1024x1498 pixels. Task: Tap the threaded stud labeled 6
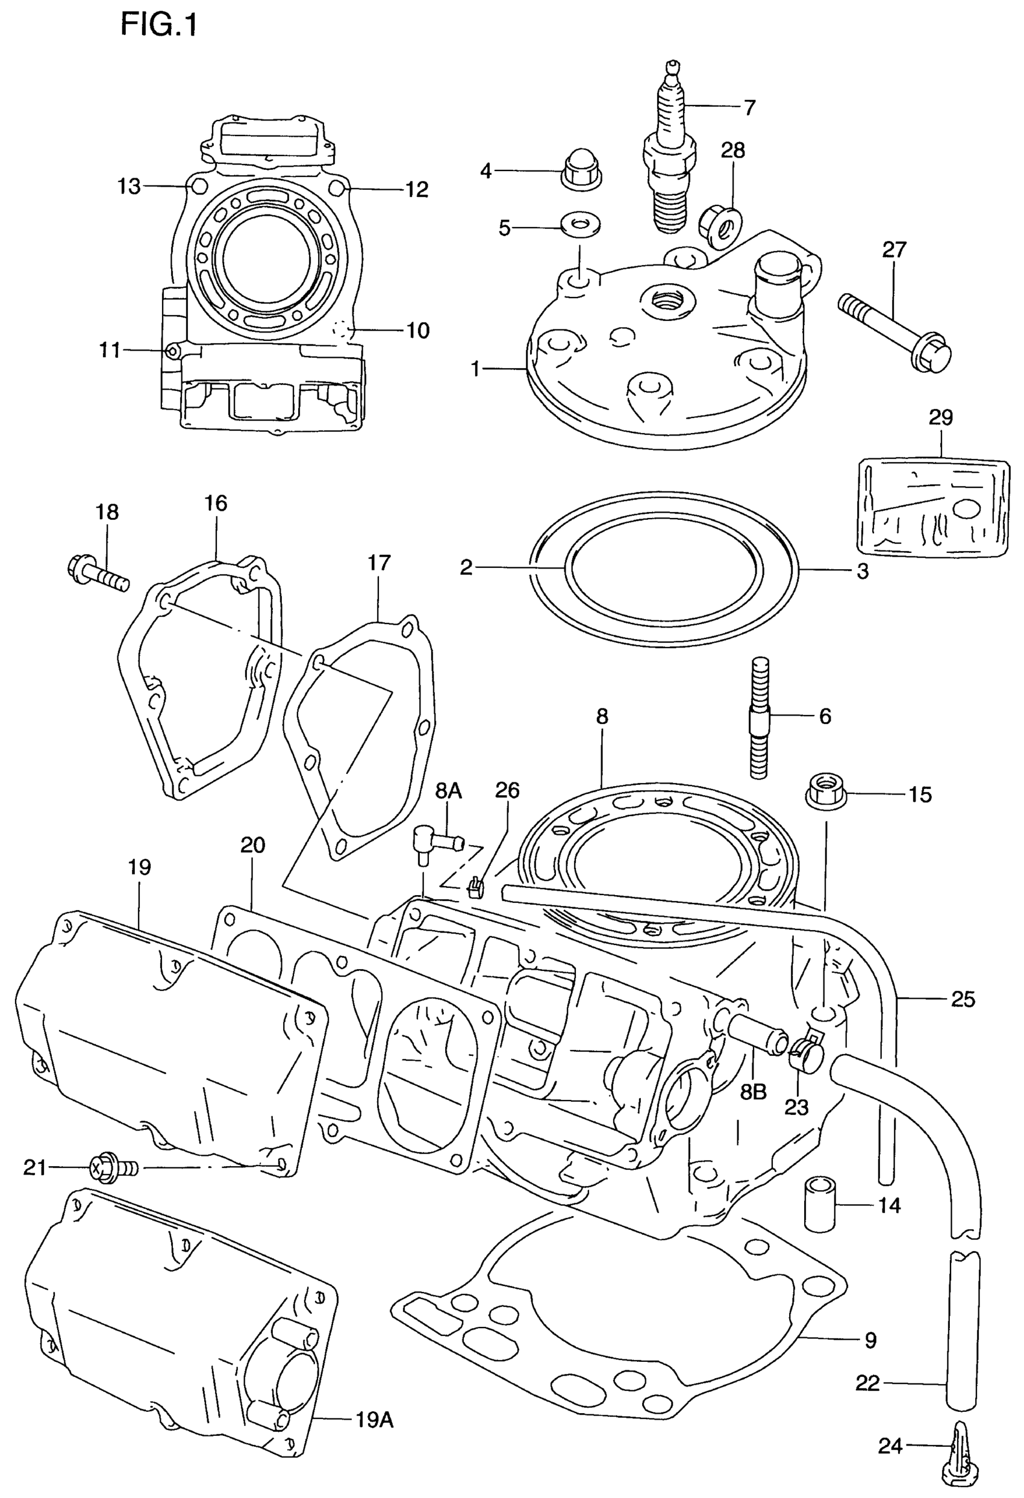point(759,717)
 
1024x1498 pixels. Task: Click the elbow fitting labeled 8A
point(434,842)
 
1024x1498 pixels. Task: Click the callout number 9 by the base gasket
point(870,1341)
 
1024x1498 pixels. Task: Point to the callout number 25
point(963,999)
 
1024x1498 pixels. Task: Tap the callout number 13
point(129,186)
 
